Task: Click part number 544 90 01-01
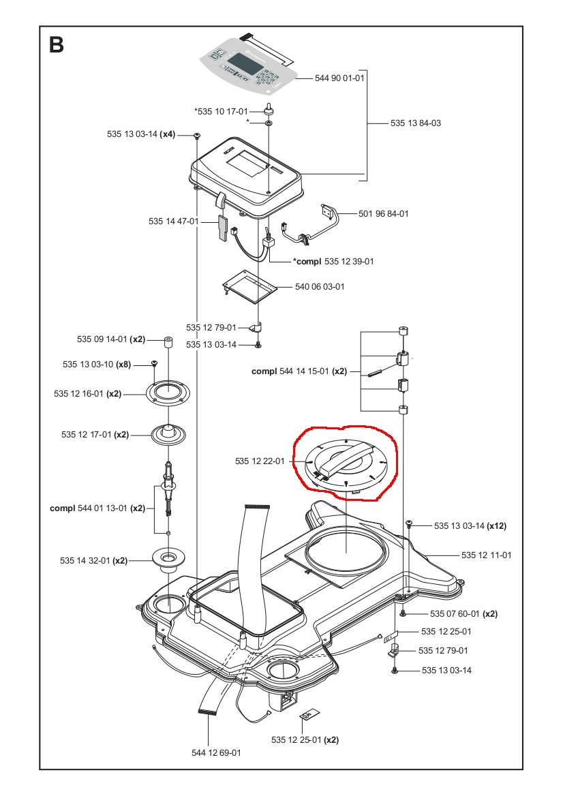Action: pos(339,78)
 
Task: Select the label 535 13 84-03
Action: pos(416,124)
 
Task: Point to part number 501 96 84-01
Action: pos(384,214)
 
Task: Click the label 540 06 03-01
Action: pos(320,287)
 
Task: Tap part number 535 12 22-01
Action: pos(260,461)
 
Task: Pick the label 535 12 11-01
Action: pos(486,555)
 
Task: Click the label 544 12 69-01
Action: pos(216,753)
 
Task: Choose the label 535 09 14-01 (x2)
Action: pos(110,339)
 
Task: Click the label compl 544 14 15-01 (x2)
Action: pos(299,371)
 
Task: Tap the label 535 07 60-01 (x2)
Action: pos(463,613)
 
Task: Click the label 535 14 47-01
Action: pos(173,221)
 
